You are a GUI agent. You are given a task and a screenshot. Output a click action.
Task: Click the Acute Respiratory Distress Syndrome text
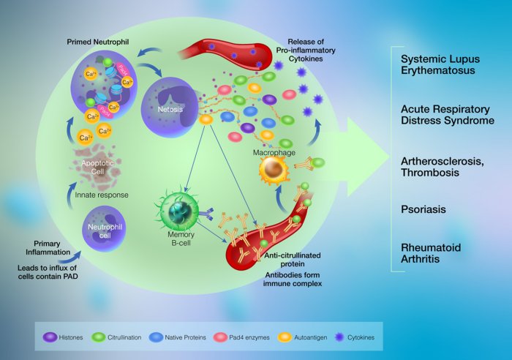click(x=448, y=114)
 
